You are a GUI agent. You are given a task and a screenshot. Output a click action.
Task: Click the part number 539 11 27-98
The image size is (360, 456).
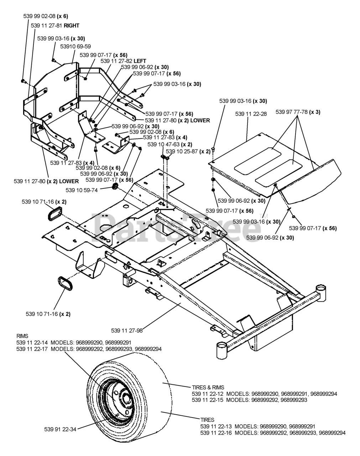point(127,330)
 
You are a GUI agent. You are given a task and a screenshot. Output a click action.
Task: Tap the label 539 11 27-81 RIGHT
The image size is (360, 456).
point(55,26)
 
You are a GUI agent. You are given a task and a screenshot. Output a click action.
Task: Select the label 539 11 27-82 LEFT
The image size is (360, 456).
point(123,61)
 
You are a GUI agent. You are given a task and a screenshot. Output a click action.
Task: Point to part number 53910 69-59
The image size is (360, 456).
point(75,46)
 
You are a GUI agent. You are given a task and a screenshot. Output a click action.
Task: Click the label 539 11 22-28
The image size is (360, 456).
point(251,114)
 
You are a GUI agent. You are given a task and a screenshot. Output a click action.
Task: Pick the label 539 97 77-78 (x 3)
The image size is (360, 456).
point(298,112)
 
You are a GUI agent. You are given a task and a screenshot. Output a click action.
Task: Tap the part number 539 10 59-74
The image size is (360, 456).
point(82,190)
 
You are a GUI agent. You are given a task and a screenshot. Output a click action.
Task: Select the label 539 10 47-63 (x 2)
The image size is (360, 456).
point(169,144)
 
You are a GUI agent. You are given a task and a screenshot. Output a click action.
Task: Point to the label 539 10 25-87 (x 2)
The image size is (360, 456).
point(188,151)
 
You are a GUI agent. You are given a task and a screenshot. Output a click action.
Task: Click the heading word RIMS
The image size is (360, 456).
point(22,336)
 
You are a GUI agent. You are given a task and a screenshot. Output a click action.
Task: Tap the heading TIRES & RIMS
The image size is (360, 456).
point(208,388)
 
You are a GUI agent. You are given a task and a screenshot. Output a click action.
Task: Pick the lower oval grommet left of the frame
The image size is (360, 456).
point(65,283)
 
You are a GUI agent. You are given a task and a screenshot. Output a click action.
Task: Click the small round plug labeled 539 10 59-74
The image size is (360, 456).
point(115,187)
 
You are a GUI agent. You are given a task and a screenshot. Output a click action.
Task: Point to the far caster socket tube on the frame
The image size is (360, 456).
point(321,293)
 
